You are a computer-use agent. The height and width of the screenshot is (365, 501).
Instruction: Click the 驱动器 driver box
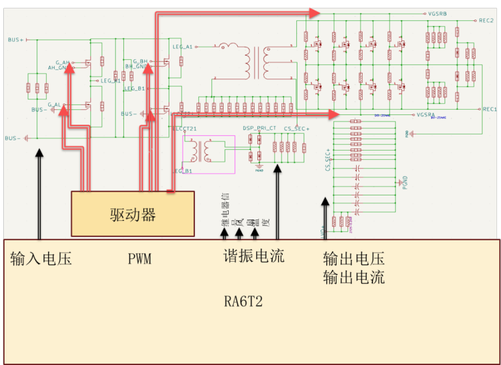pos(133,214)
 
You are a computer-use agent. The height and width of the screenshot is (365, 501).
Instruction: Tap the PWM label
pos(140,259)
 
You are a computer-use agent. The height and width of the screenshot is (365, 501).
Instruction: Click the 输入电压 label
pos(41,259)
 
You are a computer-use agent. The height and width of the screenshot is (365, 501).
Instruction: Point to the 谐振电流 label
pos(253,256)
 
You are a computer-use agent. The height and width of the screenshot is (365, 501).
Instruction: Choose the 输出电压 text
pos(353,258)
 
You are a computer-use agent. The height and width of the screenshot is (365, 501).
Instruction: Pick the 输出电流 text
pos(353,278)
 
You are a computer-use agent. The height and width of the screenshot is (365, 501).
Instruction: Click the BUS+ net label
pos(16,40)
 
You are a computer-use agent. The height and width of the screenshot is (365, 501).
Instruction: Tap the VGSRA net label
pos(425,114)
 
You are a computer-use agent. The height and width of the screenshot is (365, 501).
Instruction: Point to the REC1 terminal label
pos(489,109)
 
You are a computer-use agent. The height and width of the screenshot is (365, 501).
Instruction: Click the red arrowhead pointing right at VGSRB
pos(315,13)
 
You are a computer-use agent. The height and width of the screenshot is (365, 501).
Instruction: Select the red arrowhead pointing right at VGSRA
pos(333,115)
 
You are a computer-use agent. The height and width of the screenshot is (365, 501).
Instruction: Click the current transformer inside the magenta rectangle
pos(209,151)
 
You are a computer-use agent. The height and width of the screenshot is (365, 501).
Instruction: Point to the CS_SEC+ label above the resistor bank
pos(296,129)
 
